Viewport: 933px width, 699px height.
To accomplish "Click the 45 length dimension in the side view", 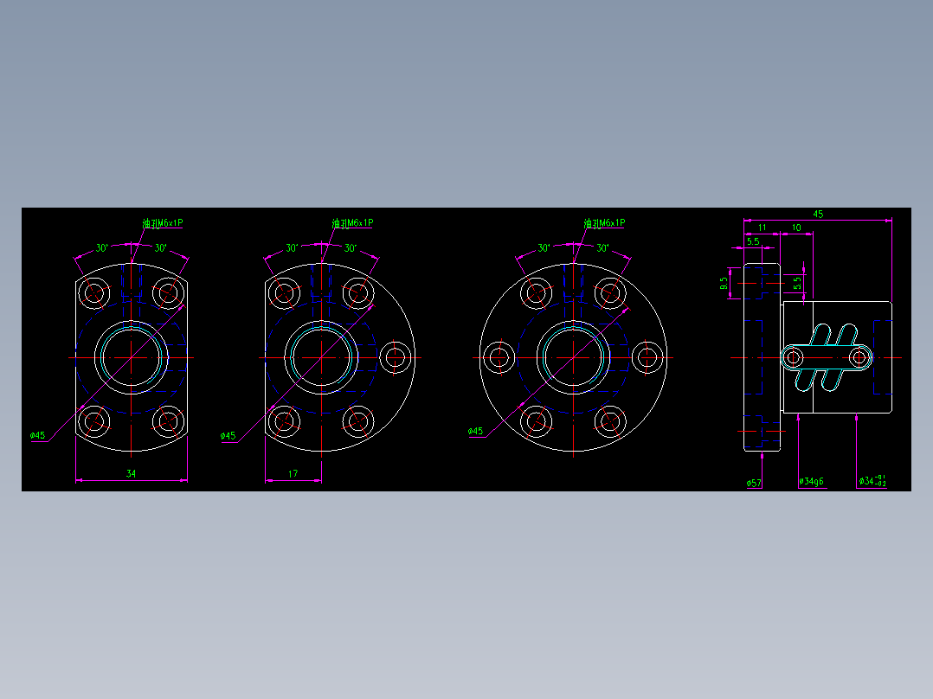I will tap(818, 214).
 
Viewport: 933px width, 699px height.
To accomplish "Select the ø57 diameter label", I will tap(754, 483).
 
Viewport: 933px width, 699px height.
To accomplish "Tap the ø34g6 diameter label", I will tap(811, 481).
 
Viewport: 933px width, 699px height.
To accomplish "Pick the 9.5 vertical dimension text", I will tap(724, 283).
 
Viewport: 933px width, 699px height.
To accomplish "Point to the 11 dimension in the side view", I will tap(762, 228).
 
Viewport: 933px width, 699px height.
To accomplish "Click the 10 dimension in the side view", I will tap(795, 228).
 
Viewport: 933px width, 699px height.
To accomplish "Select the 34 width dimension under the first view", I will tap(131, 473).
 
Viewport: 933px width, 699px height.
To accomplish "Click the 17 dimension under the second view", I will tap(293, 473).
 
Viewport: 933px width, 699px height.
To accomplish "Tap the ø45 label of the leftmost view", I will tap(37, 435).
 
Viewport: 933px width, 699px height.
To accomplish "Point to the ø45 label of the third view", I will tap(475, 431).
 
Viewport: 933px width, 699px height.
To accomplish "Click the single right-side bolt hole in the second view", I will tap(396, 356).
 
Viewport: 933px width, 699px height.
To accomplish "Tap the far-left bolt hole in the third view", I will tap(498, 356).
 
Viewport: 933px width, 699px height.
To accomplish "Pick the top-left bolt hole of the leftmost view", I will tap(93, 292).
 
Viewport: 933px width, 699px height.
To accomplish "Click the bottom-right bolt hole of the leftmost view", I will tap(168, 421).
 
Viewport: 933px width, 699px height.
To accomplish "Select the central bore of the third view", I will tap(573, 356).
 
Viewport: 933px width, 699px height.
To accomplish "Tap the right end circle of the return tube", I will tap(859, 356).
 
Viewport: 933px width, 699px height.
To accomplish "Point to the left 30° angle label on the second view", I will tap(293, 248).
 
